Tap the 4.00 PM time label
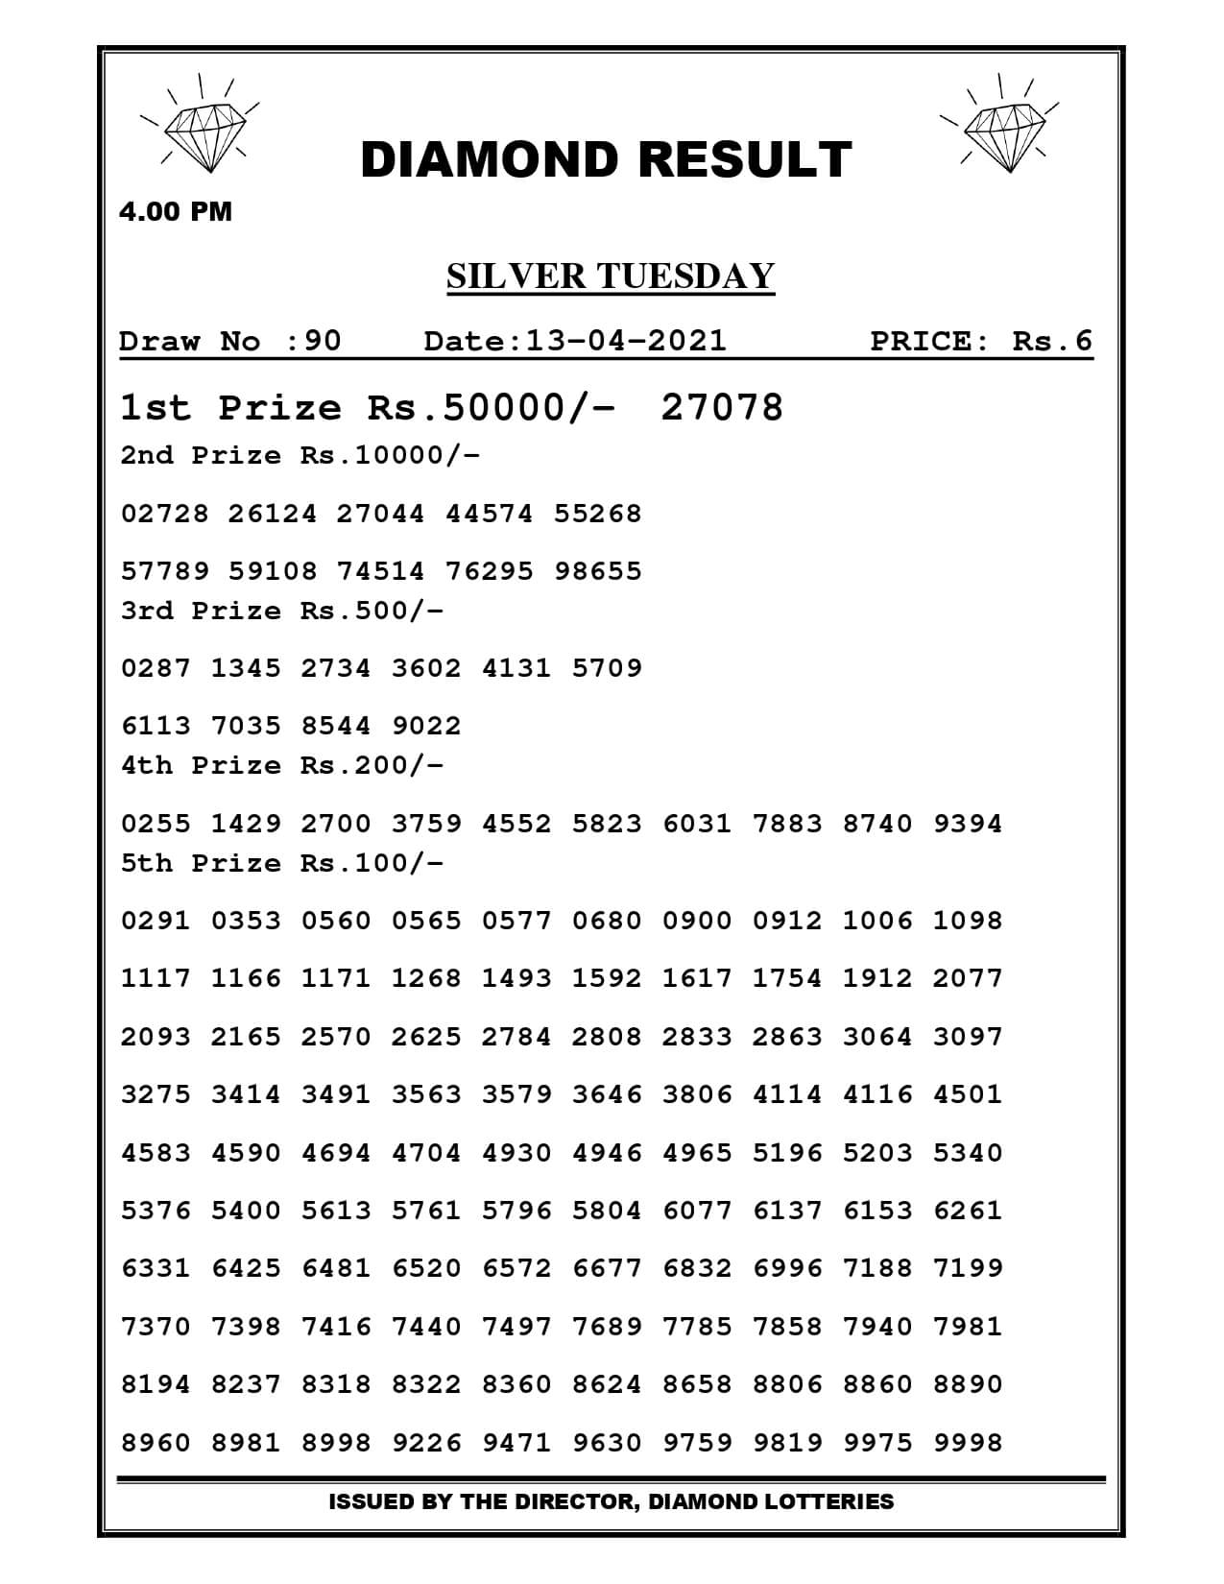point(176,211)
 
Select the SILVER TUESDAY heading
point(611,276)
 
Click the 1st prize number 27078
point(722,408)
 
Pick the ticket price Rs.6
point(1052,341)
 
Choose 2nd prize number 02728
point(164,514)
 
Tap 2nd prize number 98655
point(598,571)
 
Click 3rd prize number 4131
point(517,668)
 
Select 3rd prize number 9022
point(427,726)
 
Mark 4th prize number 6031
point(698,824)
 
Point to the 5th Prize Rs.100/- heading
point(282,863)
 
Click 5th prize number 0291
point(156,921)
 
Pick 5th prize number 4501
point(968,1094)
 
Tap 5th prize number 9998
point(968,1442)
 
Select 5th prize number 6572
point(517,1268)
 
